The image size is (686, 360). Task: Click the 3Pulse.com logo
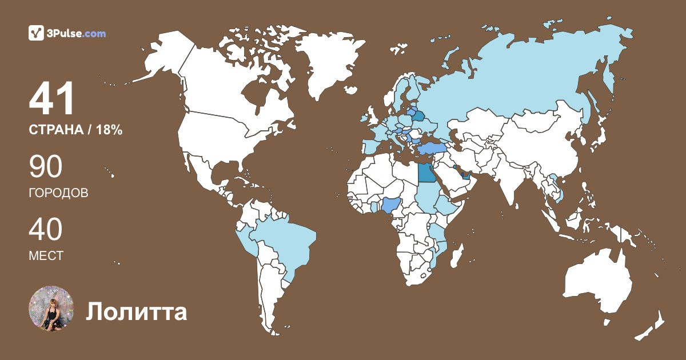[x=67, y=33]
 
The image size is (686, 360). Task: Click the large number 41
[x=53, y=99]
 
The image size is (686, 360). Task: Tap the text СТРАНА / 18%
[x=75, y=130]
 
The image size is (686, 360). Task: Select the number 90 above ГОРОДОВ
[x=46, y=167]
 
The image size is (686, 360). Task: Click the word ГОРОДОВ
[x=58, y=193]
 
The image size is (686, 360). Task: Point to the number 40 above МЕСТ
[x=46, y=230]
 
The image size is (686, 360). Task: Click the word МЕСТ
[x=46, y=256]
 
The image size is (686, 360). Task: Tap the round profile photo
[x=51, y=309]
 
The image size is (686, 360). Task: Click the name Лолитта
[x=137, y=312]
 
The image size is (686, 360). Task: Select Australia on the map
[x=597, y=280]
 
